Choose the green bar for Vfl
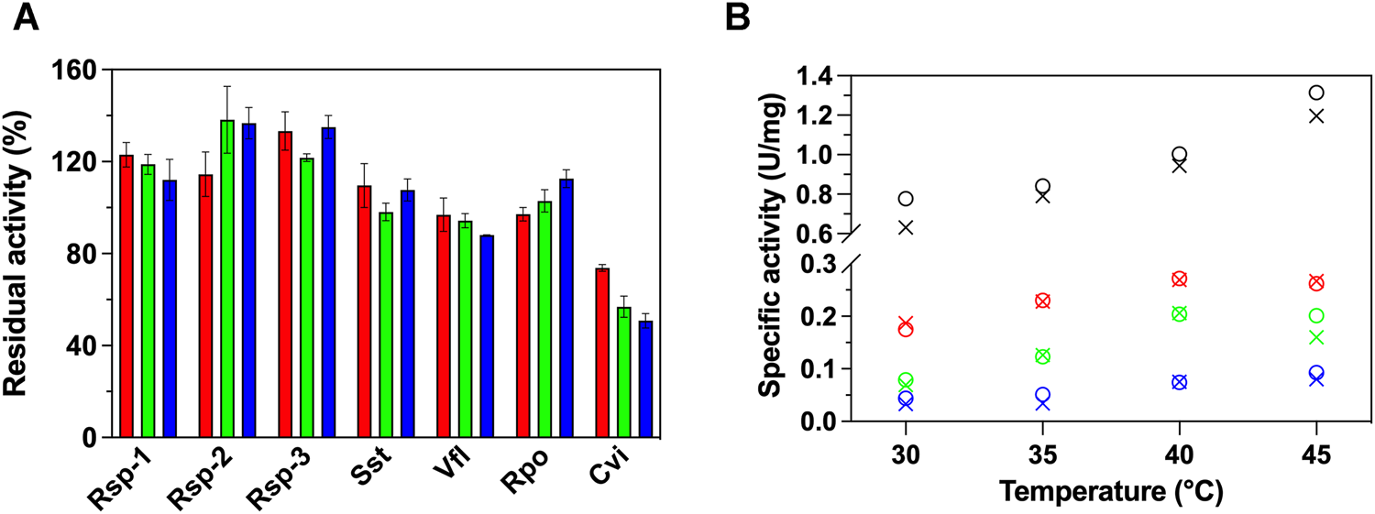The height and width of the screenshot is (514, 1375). point(466,329)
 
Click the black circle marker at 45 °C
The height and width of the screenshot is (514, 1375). point(1316,93)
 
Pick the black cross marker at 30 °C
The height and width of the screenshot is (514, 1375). point(906,226)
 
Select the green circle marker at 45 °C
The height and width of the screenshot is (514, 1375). point(1316,315)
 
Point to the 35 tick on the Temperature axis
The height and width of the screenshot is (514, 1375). point(1042,455)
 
